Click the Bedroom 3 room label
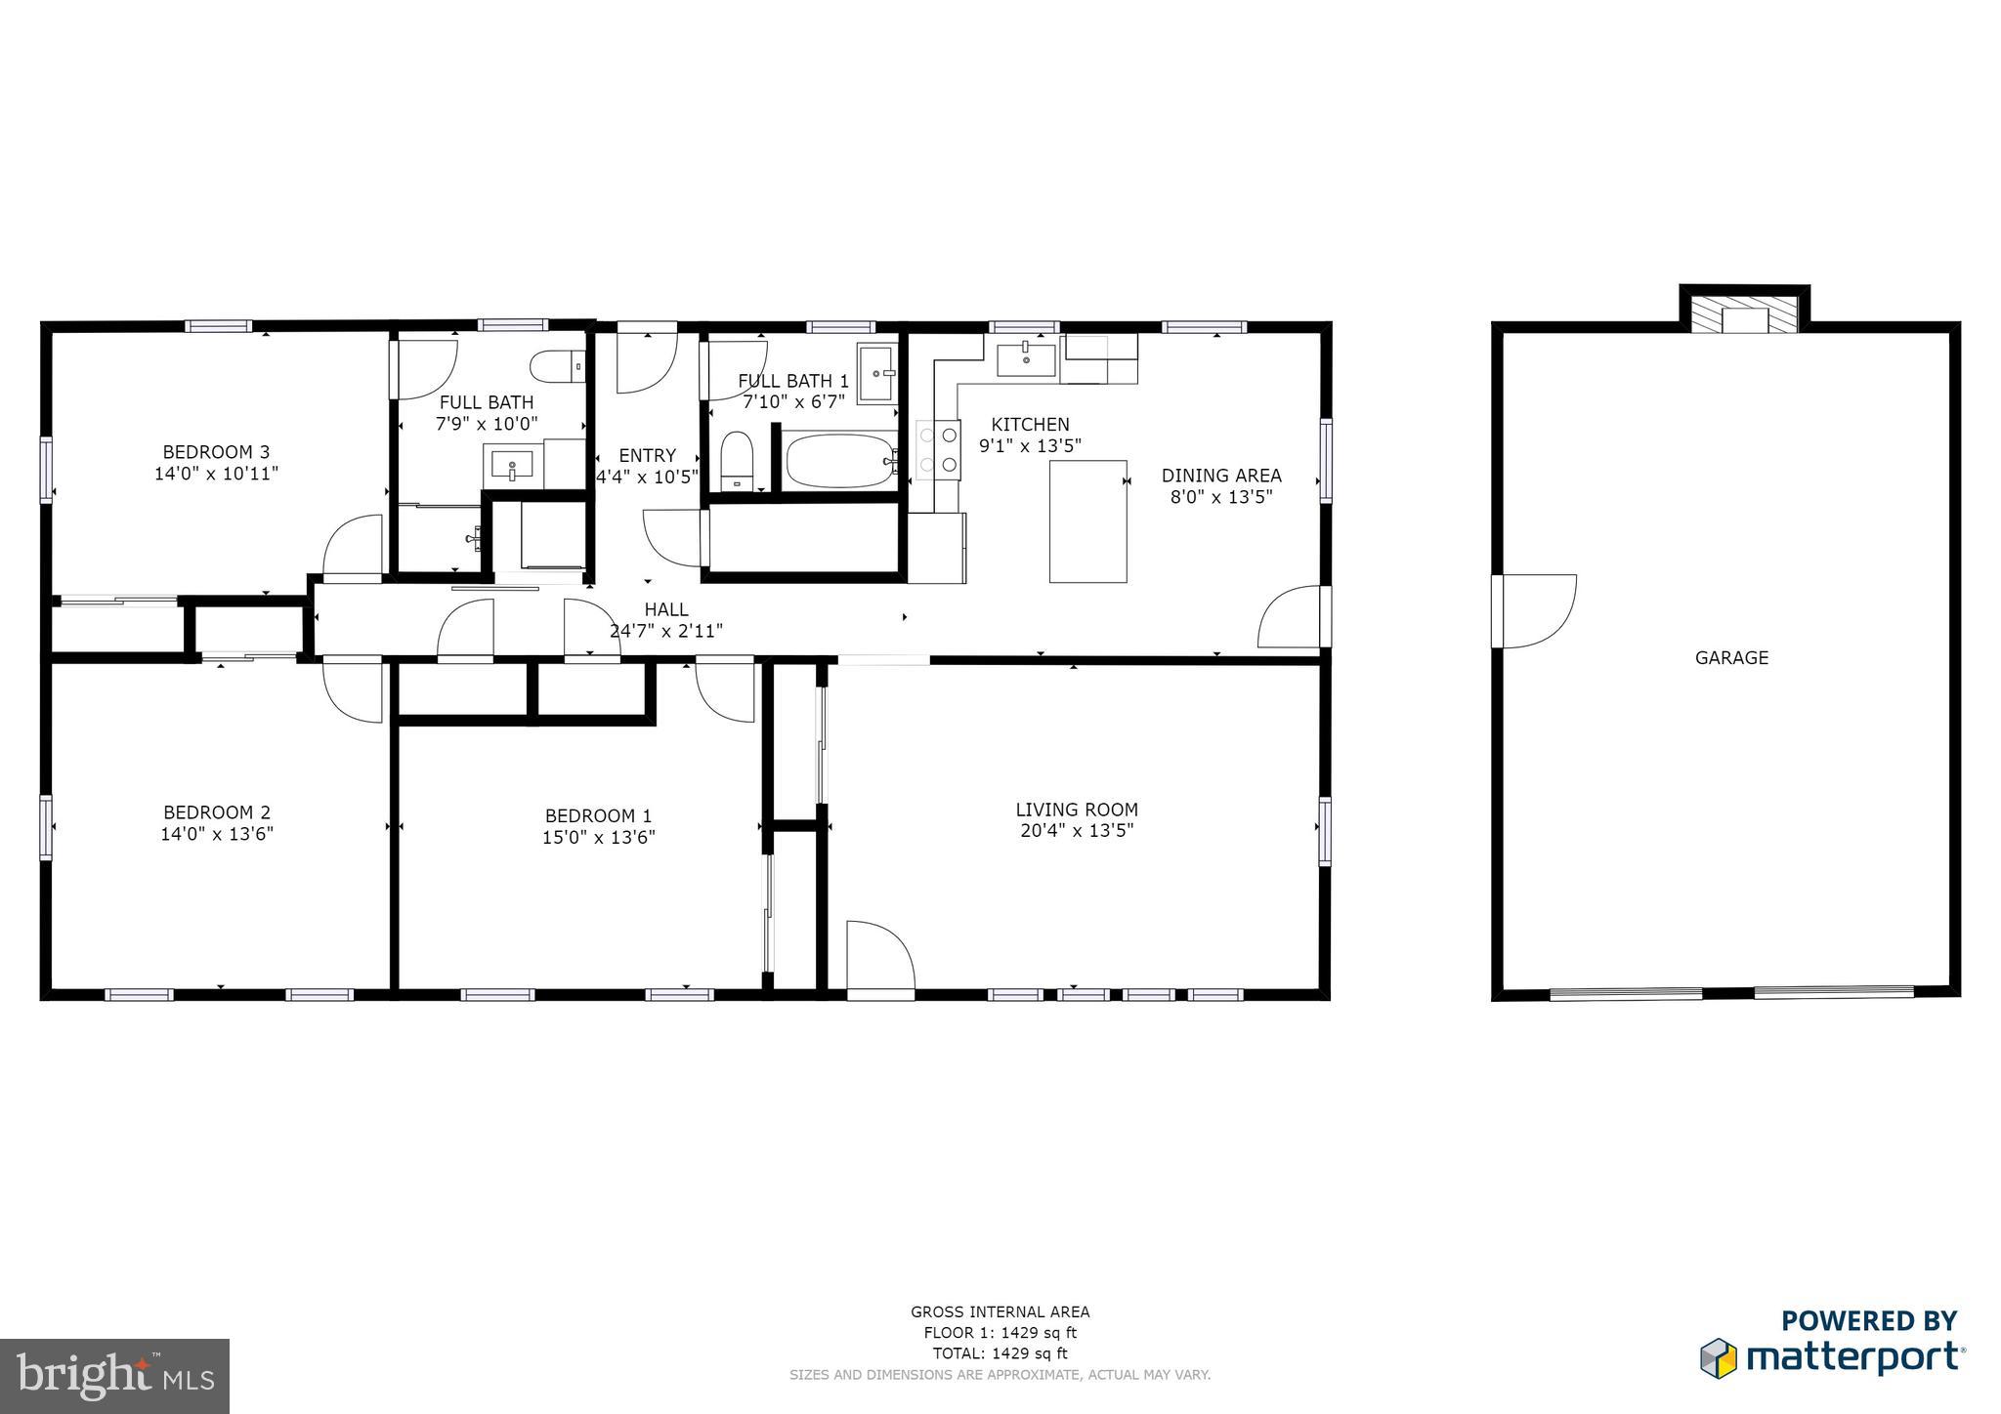click(x=216, y=452)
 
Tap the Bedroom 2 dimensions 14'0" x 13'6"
click(x=217, y=834)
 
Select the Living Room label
click(x=1077, y=810)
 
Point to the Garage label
click(x=1731, y=658)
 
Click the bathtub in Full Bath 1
click(x=841, y=461)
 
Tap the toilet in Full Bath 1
click(x=737, y=461)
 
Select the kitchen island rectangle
click(x=1087, y=521)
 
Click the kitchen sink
click(x=1026, y=358)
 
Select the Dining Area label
click(x=1221, y=476)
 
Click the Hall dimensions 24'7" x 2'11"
click(x=666, y=631)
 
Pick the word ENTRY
click(x=647, y=455)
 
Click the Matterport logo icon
click(x=1719, y=1358)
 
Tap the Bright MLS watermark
click(x=115, y=1376)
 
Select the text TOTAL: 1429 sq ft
click(x=1000, y=1353)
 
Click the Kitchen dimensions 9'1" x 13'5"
click(x=1030, y=446)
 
